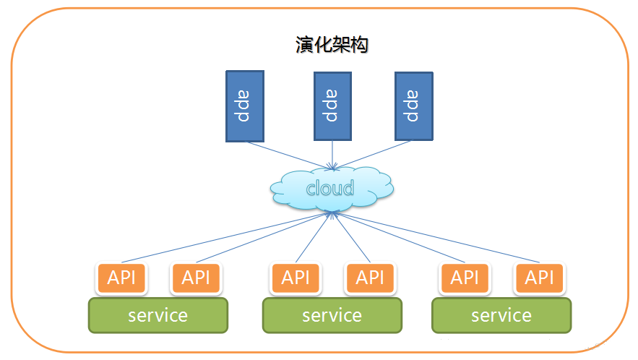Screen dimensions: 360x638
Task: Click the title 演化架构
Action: (332, 45)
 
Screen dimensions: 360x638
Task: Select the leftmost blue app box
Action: (244, 106)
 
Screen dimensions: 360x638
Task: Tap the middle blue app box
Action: (332, 106)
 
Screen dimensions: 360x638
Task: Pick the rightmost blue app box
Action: (413, 106)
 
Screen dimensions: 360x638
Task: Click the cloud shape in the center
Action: (332, 189)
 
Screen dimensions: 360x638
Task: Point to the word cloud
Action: (330, 189)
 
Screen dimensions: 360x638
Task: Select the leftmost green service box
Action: (158, 315)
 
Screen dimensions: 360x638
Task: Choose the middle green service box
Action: (332, 315)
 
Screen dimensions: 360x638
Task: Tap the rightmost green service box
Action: (501, 315)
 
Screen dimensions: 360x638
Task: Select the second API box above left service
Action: (196, 278)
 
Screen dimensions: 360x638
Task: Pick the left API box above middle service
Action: (296, 278)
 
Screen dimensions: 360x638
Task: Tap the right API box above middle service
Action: (370, 278)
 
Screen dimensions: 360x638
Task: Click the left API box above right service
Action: (465, 278)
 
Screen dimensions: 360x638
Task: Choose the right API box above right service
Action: (540, 278)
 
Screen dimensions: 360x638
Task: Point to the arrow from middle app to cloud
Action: (332, 153)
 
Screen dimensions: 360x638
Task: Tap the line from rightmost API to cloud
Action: (437, 237)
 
